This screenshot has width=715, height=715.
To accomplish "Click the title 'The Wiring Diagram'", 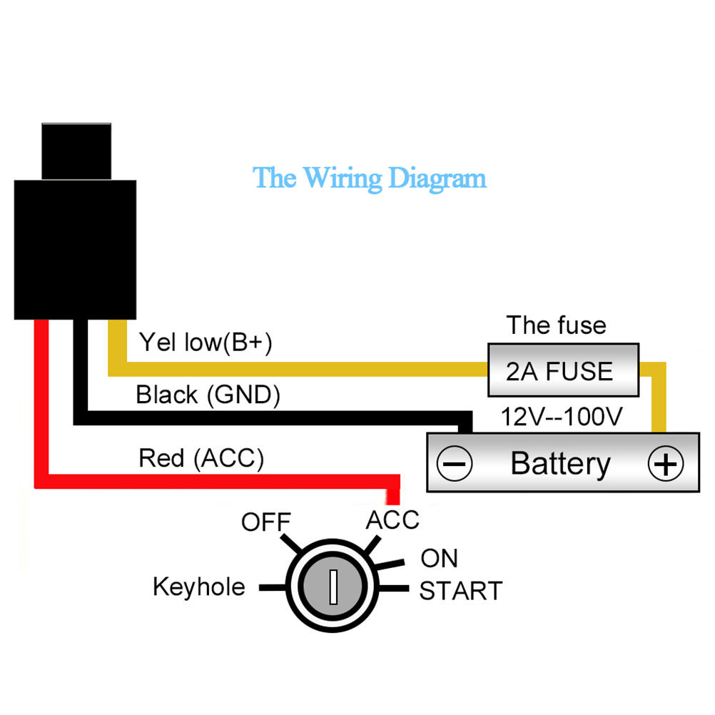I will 370,178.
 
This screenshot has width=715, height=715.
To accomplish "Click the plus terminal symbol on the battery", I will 664,465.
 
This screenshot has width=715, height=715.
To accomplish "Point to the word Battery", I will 561,464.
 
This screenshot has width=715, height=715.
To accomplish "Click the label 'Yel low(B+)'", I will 206,343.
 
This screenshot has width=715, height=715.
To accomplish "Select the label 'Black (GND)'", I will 208,395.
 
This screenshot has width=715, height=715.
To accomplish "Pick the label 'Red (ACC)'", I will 201,458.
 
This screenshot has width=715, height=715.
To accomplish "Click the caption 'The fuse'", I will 557,325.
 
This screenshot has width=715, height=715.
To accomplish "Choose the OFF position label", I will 266,522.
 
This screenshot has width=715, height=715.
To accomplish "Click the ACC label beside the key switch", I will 392,520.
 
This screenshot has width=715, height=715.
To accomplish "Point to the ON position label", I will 440,558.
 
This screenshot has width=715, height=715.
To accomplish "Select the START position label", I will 461,591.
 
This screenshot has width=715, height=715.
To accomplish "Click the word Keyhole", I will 199,587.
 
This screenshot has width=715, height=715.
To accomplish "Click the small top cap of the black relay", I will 77,151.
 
